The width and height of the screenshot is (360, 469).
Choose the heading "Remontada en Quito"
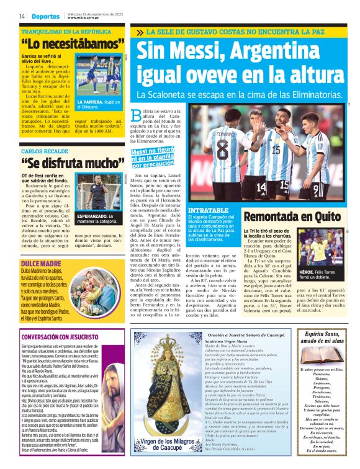pos(302,217)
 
